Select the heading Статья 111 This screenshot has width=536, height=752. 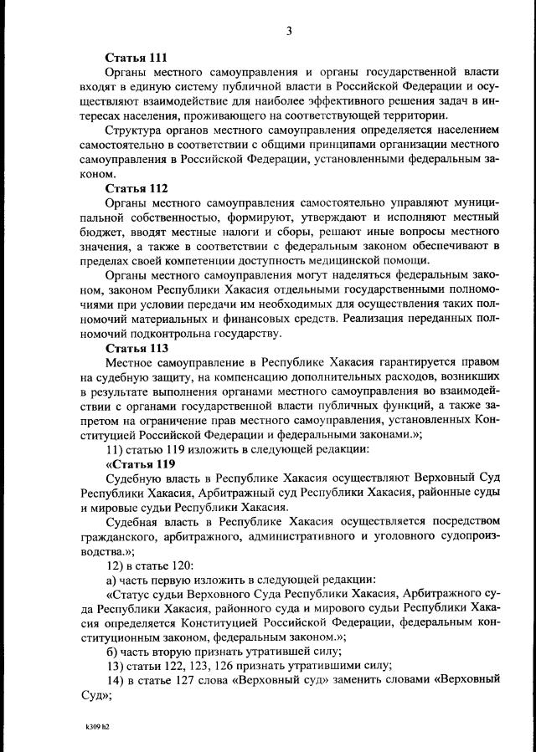click(137, 58)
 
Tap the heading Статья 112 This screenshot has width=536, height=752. click(137, 188)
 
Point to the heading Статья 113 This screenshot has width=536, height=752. click(137, 348)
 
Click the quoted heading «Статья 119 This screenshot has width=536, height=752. click(140, 464)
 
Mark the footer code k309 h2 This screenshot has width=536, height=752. click(98, 727)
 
